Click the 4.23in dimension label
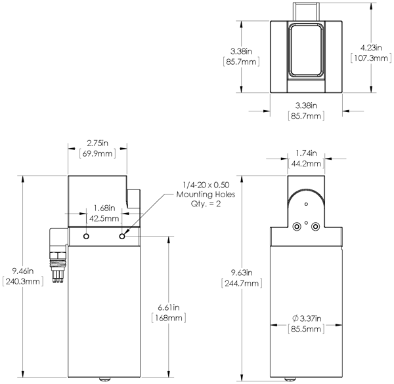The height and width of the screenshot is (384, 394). [x=372, y=47]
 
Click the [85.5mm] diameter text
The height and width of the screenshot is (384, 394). [x=306, y=330]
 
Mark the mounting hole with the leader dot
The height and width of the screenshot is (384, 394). [x=121, y=235]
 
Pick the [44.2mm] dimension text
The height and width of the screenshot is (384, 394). [x=306, y=164]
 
